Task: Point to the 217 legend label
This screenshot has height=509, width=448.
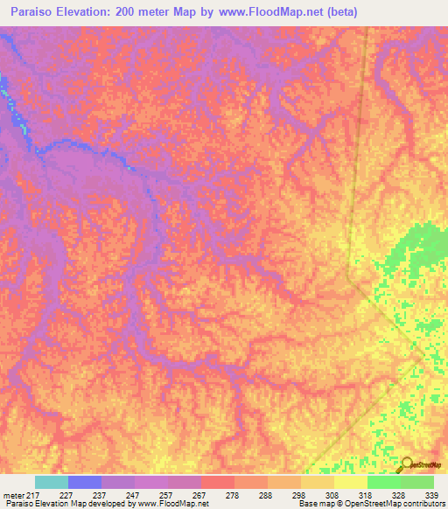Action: pos(35,495)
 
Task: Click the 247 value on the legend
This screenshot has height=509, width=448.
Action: pos(133,495)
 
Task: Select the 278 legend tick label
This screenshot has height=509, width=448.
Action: pos(233,495)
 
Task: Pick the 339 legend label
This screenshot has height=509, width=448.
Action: pos(432,495)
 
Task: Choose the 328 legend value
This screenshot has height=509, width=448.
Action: pos(399,495)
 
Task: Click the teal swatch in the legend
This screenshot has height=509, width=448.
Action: pos(52,482)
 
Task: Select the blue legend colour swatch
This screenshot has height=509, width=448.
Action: pos(85,482)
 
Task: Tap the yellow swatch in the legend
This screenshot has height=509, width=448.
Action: pos(351,482)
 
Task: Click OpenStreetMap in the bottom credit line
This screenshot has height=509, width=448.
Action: pos(366,505)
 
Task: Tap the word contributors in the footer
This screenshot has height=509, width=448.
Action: pos(422,505)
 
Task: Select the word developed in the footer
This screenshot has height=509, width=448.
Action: pos(107,505)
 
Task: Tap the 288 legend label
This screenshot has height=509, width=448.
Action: pos(266,495)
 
